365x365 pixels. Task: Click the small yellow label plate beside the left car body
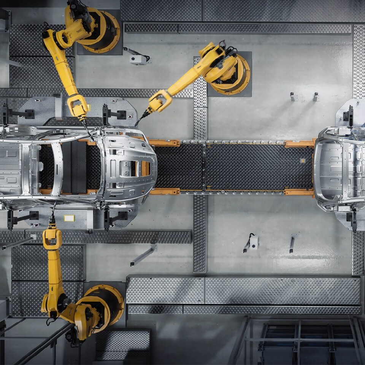pyautogui.click(x=69, y=218)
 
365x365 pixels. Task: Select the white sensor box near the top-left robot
pyautogui.click(x=137, y=59)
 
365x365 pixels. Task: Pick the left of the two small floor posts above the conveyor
pyautogui.click(x=293, y=97)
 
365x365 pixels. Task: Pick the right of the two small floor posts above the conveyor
pyautogui.click(x=316, y=97)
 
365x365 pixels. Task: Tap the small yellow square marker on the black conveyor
pyautogui.click(x=303, y=161)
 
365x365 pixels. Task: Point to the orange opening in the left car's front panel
pyautogui.click(x=145, y=168)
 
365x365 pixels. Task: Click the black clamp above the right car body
pyautogui.click(x=349, y=116)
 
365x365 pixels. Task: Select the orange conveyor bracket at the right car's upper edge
pyautogui.click(x=299, y=144)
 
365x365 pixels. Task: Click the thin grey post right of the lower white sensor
pyautogui.click(x=292, y=244)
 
